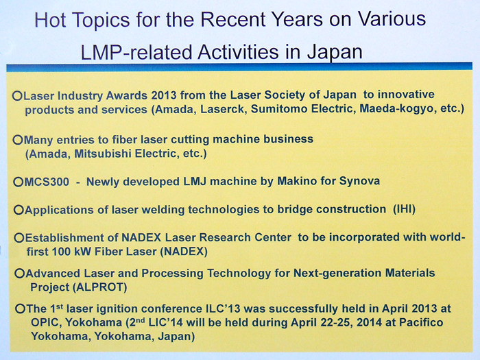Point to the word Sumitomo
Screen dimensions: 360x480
tap(278, 109)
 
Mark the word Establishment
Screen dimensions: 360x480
tap(62, 237)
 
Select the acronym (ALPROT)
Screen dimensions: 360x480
tap(104, 287)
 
